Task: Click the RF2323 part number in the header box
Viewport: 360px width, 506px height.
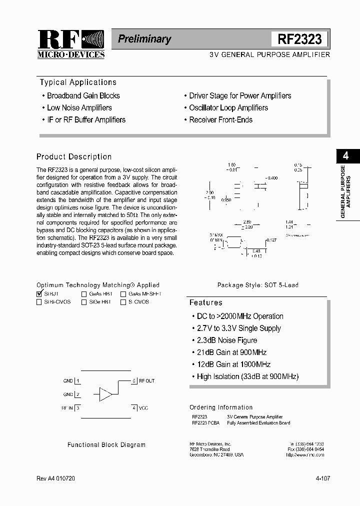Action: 299,39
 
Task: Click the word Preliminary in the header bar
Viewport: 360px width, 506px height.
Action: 144,39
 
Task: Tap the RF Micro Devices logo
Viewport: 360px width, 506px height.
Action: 70,44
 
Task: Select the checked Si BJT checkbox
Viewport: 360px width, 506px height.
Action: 39,294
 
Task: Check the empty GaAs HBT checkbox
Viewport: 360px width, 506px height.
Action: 84,294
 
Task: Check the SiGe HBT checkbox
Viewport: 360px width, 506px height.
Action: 84,302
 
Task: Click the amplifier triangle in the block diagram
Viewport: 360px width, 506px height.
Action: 105,394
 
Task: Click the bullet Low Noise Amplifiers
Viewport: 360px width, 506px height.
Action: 79,107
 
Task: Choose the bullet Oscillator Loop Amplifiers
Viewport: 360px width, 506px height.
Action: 228,107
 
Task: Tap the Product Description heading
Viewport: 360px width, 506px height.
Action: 74,156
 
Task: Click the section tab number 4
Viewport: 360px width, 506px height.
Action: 345,156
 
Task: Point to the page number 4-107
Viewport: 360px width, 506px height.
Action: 322,478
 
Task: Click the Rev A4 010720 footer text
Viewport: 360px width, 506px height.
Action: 56,478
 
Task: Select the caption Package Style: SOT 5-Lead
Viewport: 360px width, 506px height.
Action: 257,285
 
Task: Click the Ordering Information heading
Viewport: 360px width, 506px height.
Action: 221,407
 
